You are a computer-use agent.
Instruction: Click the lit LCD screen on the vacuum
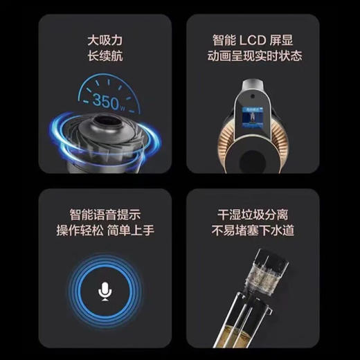point(253,118)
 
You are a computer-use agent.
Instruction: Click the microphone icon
point(105,290)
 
